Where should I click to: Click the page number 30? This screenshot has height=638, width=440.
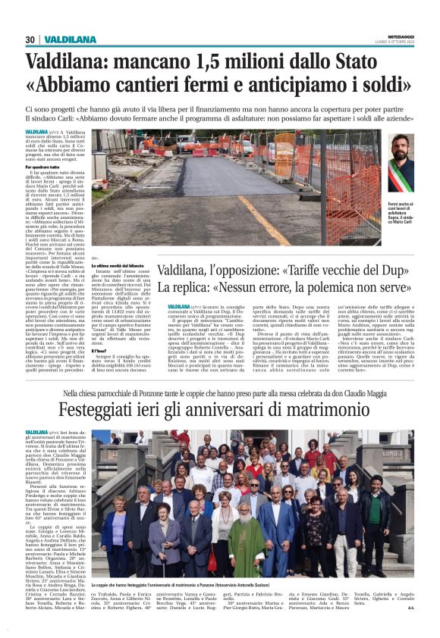pyautogui.click(x=30, y=40)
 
